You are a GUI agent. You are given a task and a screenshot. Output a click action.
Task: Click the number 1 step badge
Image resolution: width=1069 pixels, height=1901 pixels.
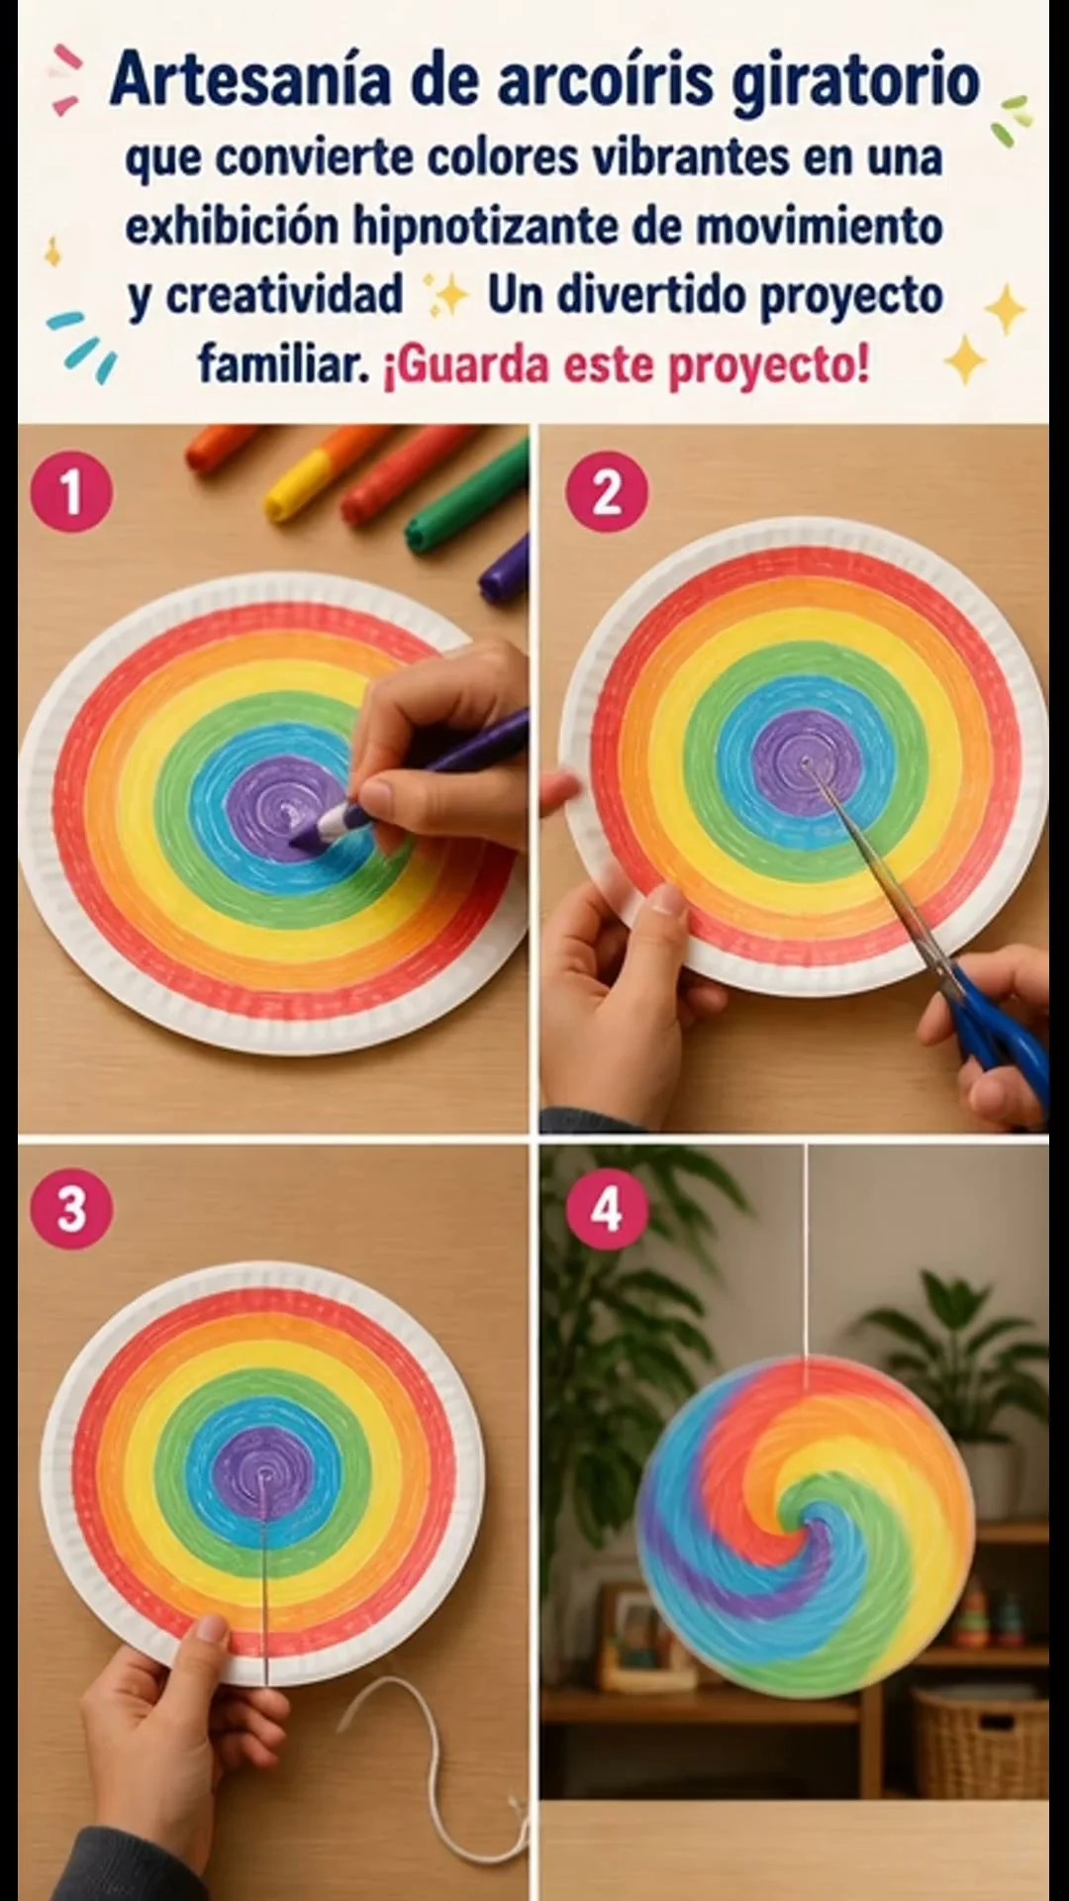click(x=71, y=492)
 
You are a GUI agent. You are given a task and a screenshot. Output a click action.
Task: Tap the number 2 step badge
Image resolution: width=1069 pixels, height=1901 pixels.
click(x=607, y=492)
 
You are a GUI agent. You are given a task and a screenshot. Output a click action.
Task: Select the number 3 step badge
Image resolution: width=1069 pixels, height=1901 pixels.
click(x=71, y=1209)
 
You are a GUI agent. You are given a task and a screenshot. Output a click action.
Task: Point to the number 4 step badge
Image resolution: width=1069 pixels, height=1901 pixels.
click(x=607, y=1209)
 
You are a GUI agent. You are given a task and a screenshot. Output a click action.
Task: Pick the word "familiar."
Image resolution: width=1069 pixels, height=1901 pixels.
click(x=284, y=364)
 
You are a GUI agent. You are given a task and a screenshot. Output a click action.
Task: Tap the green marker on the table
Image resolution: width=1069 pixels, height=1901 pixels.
click(x=465, y=500)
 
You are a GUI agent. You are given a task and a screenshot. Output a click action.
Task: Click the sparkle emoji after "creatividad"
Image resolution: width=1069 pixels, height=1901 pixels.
click(x=445, y=295)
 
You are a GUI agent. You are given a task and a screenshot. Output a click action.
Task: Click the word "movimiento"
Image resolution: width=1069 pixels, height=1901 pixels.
click(x=819, y=227)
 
